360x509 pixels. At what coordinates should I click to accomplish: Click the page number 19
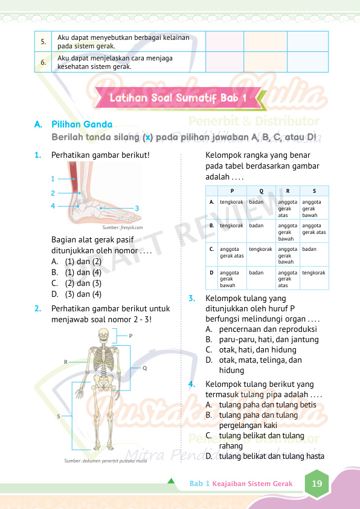[317, 484]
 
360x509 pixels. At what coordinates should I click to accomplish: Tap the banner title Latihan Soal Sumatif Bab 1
[178, 98]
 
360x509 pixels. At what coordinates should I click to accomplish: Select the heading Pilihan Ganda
[82, 125]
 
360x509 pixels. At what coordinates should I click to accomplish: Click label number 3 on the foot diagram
[137, 209]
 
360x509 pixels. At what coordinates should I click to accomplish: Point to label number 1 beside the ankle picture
[53, 178]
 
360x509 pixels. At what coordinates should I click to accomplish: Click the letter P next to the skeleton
[130, 336]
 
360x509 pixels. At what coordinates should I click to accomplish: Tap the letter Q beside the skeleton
[144, 368]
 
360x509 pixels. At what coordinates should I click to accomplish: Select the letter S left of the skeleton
[59, 416]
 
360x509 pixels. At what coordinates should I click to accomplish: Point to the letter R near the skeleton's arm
[66, 361]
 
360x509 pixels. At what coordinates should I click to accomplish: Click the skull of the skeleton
[103, 335]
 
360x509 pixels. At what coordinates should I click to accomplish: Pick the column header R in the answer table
[288, 191]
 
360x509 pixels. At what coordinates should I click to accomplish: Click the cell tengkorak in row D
[313, 273]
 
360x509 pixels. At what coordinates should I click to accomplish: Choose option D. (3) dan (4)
[77, 294]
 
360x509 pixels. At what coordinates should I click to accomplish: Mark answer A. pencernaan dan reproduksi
[261, 329]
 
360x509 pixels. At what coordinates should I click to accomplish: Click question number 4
[192, 384]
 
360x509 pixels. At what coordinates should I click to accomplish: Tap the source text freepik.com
[131, 227]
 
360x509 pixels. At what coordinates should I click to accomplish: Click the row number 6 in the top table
[43, 62]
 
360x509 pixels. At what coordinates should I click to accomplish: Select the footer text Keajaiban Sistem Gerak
[252, 484]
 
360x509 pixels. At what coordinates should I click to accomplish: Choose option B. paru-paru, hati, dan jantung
[262, 340]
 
